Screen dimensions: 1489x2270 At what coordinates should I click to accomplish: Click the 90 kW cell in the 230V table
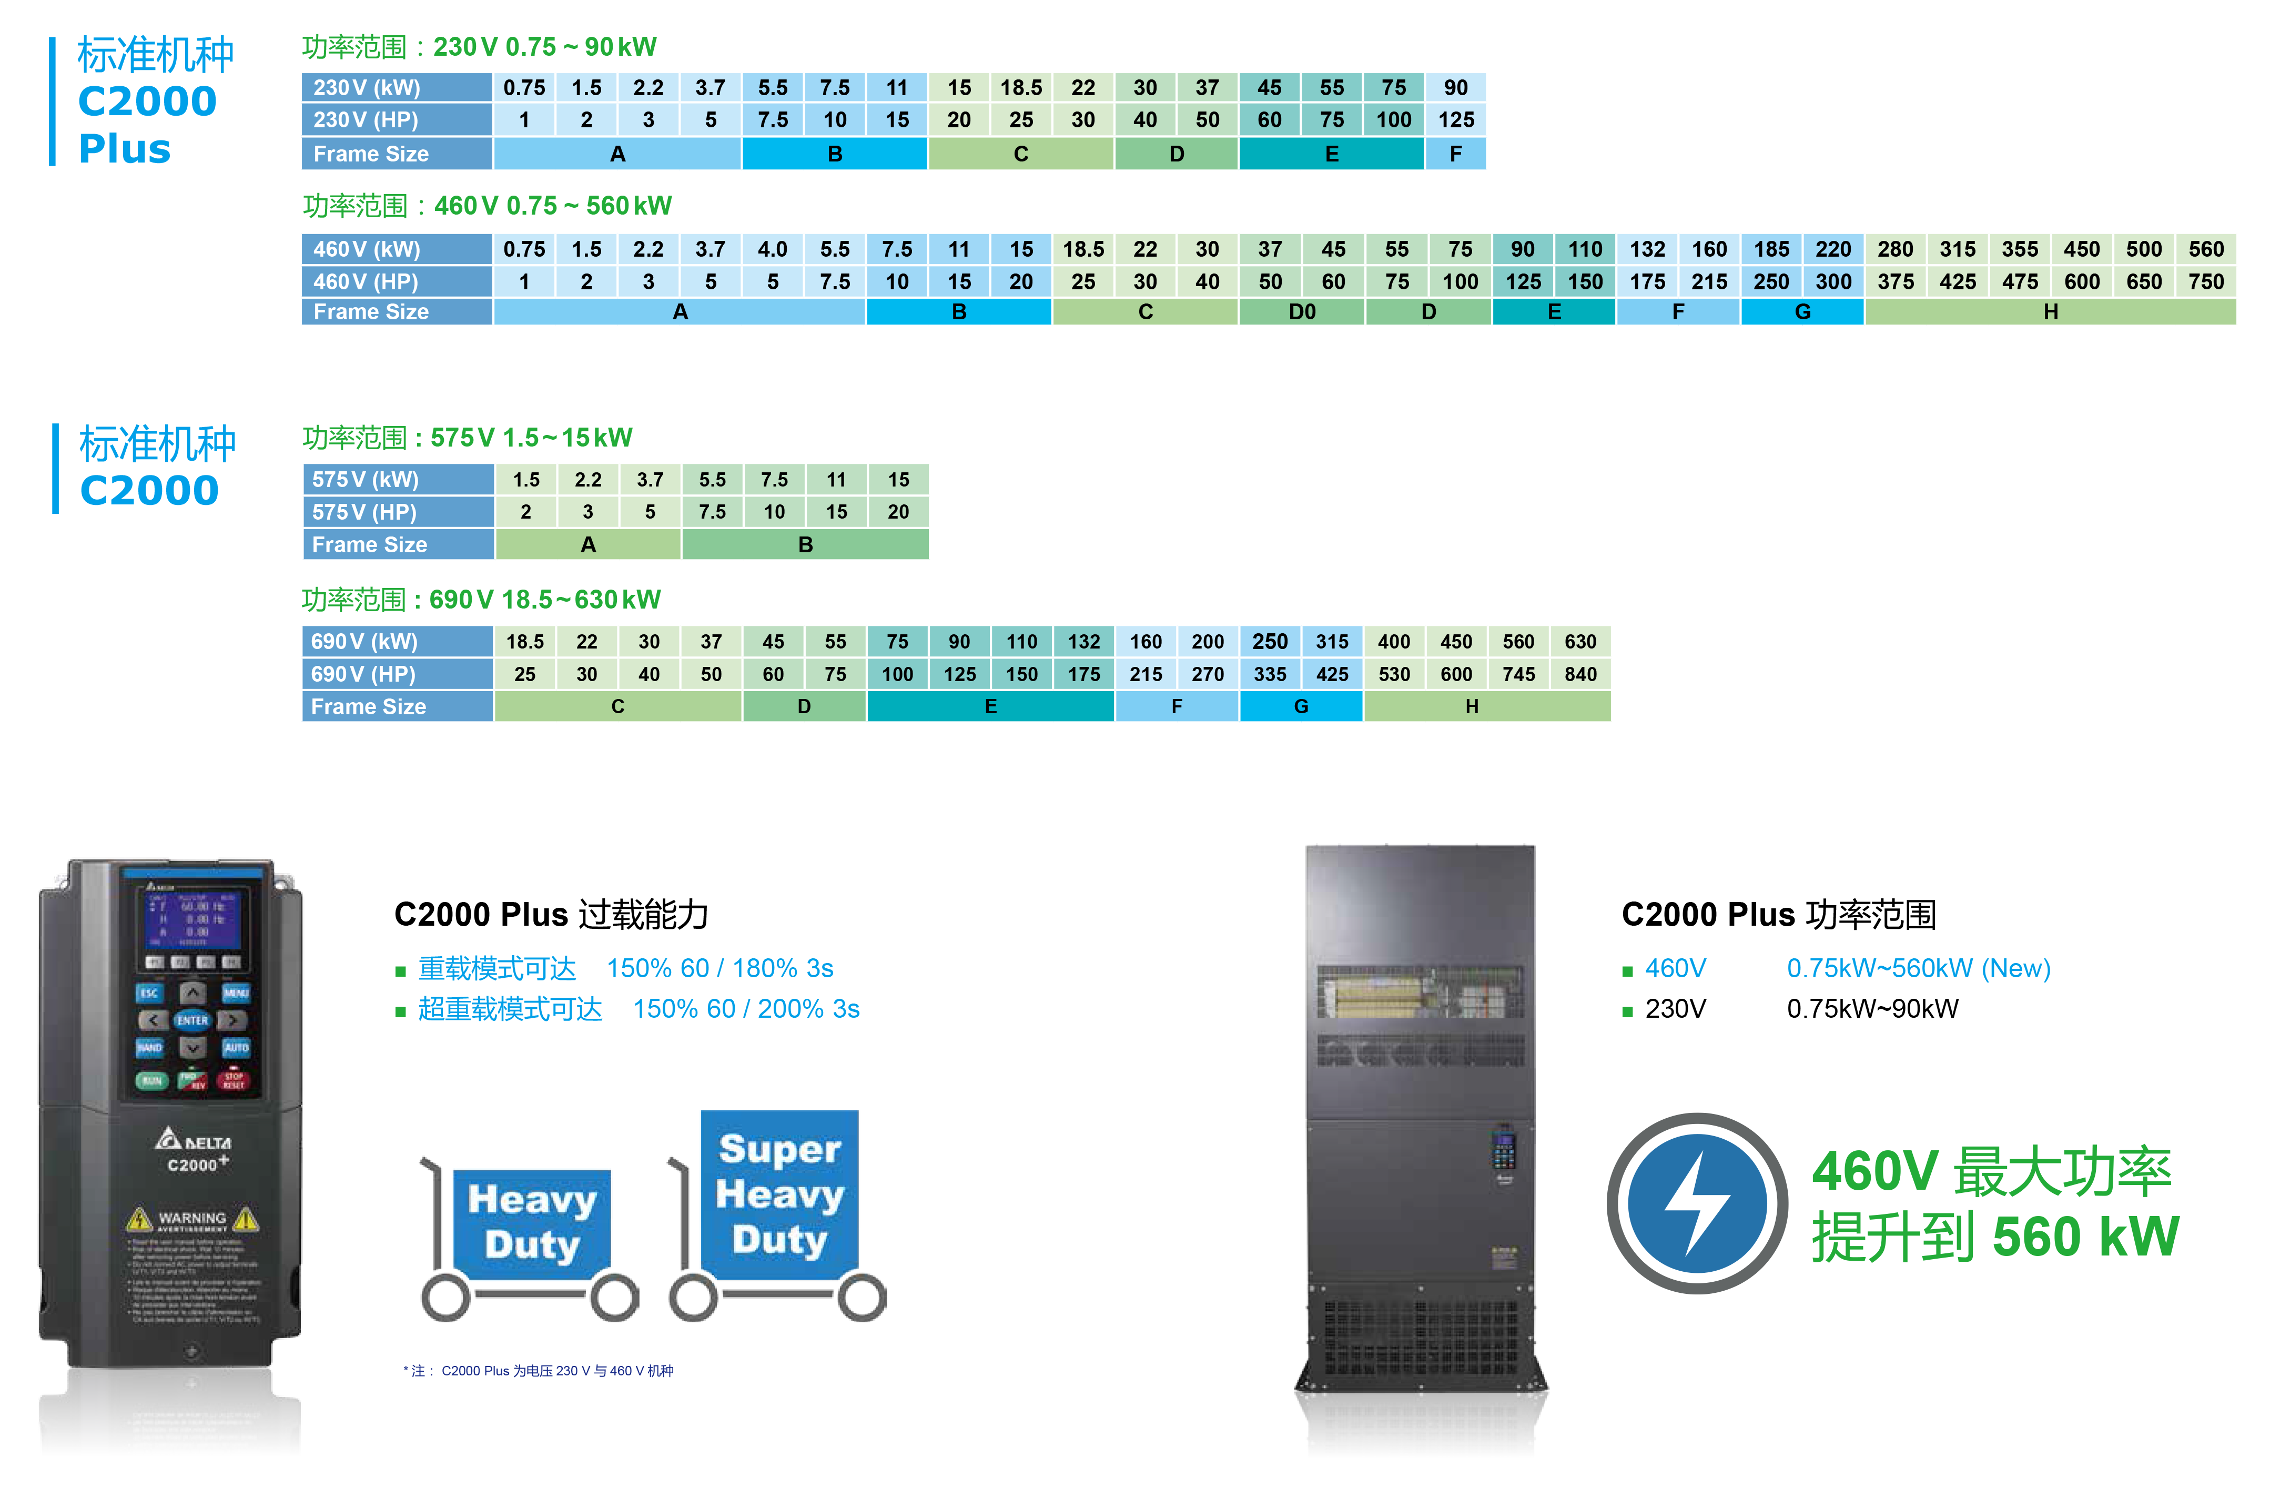(1455, 88)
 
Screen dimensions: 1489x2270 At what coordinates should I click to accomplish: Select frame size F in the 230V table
(1455, 154)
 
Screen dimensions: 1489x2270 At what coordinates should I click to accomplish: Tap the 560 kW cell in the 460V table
(2206, 249)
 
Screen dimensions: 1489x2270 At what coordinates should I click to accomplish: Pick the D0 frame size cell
(1302, 312)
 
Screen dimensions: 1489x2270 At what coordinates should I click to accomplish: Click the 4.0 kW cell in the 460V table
(773, 249)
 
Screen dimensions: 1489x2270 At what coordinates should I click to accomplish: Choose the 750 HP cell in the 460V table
(2206, 281)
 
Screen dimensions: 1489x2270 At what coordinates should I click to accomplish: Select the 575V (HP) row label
(398, 512)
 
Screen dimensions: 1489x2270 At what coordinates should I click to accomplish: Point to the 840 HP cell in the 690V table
(1580, 674)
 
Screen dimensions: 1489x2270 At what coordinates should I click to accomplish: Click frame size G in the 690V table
(1301, 707)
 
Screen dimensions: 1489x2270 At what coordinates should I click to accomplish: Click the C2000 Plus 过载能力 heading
(551, 915)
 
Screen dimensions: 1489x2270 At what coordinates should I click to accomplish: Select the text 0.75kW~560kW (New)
(1918, 968)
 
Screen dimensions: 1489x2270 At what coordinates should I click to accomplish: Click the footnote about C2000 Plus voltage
(539, 1371)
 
